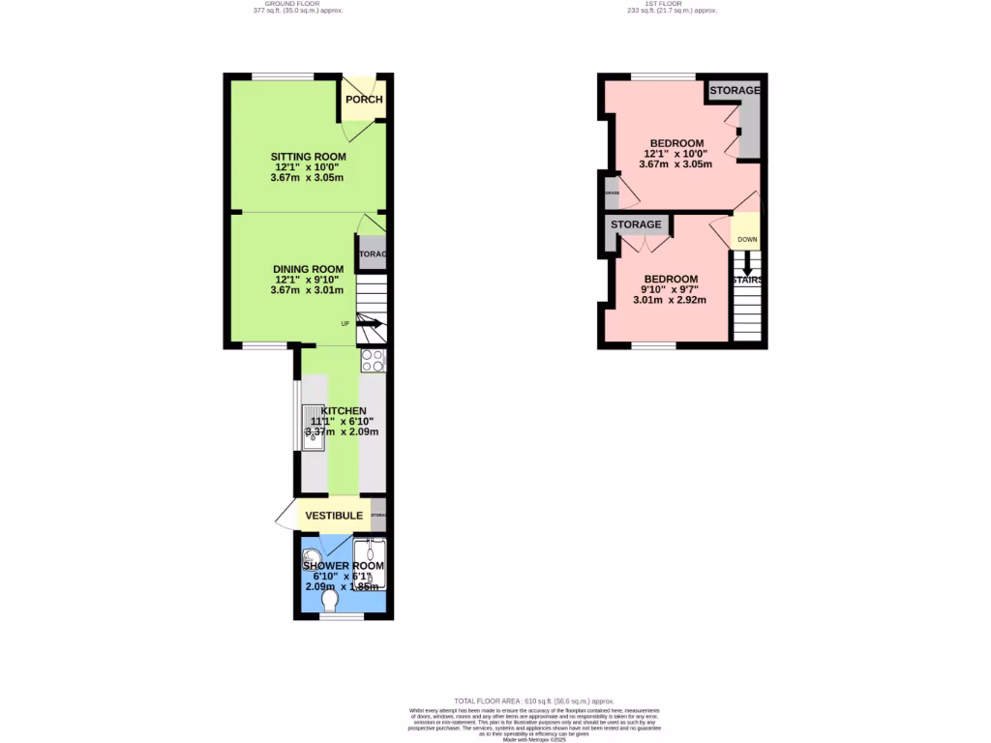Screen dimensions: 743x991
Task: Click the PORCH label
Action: pos(364,100)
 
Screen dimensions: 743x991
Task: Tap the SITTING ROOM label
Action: pos(308,157)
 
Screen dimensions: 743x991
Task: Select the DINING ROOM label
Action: pos(308,269)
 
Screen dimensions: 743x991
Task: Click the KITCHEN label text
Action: pos(344,411)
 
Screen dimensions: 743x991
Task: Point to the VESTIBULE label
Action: pos(334,516)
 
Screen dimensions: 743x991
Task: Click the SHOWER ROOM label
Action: pos(344,566)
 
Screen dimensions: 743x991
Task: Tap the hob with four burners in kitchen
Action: pos(373,361)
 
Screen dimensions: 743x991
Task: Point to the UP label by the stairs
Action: pos(345,323)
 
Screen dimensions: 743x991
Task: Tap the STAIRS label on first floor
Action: pos(746,281)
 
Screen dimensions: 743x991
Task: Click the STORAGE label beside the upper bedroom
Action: pos(735,91)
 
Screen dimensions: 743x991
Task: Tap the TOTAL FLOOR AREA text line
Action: pos(533,699)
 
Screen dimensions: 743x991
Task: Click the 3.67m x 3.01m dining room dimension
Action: pos(308,289)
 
